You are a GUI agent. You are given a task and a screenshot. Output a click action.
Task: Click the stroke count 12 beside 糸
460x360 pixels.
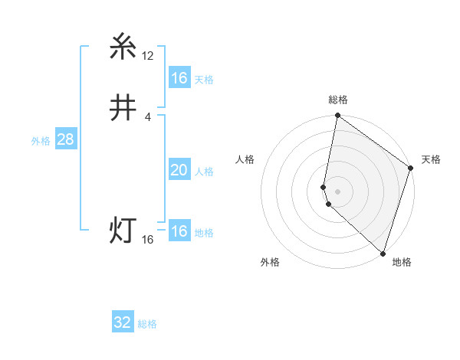tap(148, 56)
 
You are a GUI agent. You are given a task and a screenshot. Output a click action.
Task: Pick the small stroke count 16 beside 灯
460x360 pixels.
tap(148, 240)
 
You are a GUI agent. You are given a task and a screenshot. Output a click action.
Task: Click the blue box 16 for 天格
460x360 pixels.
tap(179, 78)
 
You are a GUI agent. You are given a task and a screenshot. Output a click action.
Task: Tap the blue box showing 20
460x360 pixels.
tap(179, 170)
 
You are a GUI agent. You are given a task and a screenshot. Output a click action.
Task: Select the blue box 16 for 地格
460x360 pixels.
tap(179, 231)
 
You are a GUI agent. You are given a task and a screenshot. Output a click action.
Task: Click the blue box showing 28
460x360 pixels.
tap(65, 139)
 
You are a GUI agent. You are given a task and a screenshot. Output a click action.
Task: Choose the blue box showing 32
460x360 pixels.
tap(123, 322)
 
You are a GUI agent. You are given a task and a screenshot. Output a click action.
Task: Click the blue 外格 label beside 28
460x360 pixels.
tap(41, 141)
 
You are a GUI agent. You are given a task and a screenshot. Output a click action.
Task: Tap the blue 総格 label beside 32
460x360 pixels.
tap(147, 324)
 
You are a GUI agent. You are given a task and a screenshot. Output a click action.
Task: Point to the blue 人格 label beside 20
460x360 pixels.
tap(204, 172)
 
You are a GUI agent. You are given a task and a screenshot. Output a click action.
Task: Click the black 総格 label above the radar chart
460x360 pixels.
tap(338, 100)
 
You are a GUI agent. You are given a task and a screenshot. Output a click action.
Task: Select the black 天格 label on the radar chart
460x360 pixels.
tap(431, 159)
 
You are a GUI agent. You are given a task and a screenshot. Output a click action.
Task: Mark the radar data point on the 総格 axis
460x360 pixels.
tap(338, 116)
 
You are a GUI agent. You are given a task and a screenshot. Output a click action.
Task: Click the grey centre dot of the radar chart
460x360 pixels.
tap(338, 191)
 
